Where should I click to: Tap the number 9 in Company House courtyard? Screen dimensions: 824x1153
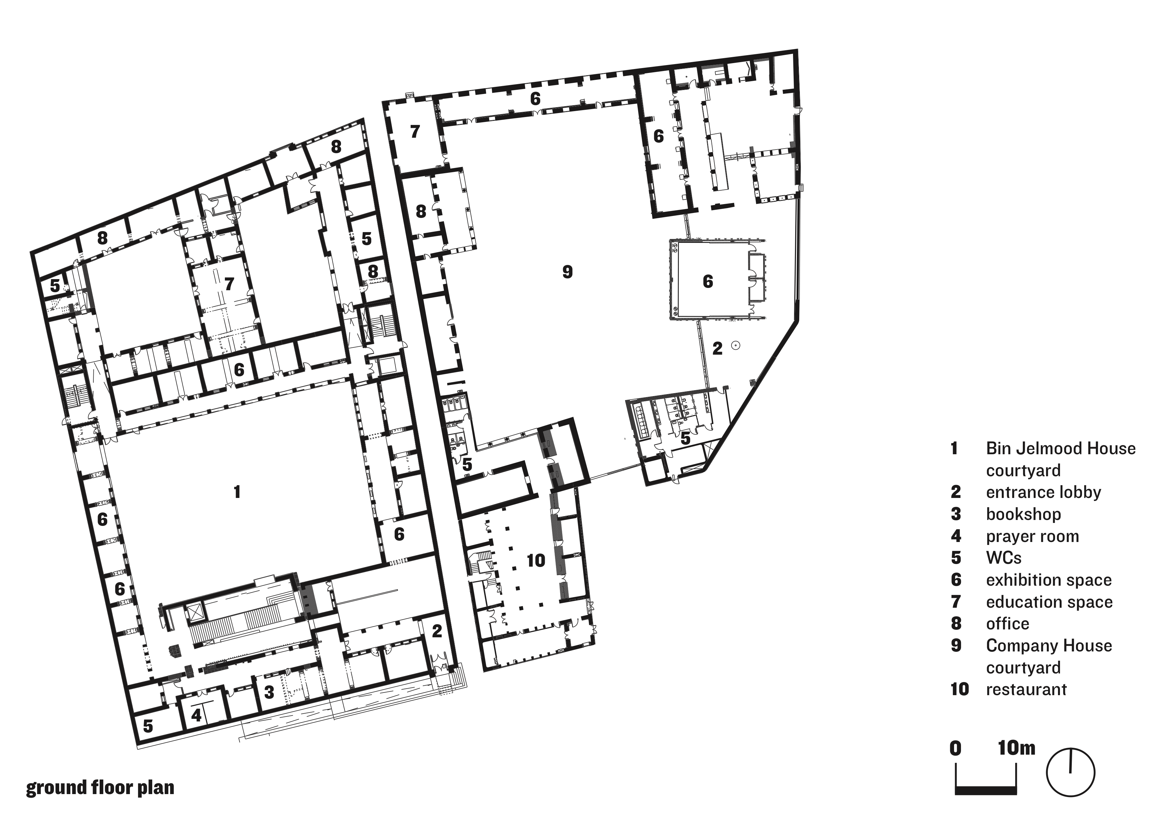click(567, 271)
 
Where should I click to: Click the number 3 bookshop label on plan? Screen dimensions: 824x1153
click(269, 692)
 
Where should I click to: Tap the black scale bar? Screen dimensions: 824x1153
click(986, 790)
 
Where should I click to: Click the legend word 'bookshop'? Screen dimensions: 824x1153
click(1023, 514)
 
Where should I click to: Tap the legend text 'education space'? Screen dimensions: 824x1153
click(1049, 602)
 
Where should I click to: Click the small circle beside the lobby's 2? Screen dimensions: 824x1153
click(735, 345)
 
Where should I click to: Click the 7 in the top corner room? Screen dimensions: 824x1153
click(415, 131)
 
